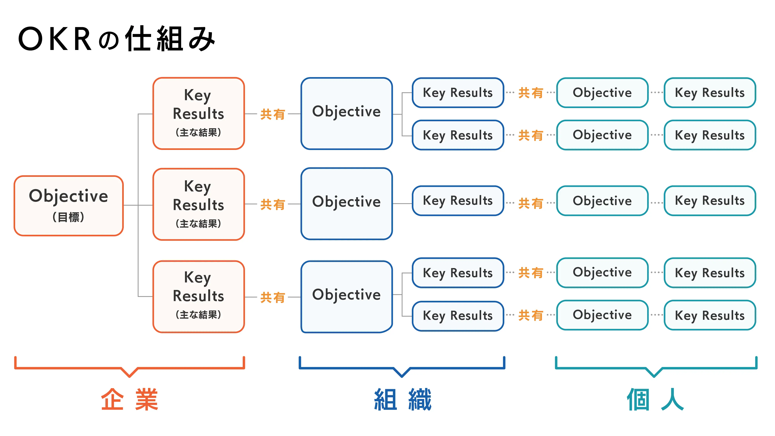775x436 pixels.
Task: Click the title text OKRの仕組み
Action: [x=117, y=39]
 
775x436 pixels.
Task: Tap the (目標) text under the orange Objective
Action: [x=68, y=217]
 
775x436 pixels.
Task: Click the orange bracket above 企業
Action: [x=129, y=367]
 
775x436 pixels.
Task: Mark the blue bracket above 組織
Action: [x=402, y=367]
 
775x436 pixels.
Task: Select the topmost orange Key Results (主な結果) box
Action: [x=199, y=114]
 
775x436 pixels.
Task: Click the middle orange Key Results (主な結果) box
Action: [x=199, y=204]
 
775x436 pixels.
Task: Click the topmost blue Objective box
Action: [x=347, y=114]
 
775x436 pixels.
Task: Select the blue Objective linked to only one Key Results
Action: [x=347, y=204]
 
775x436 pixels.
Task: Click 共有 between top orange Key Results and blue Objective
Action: [x=273, y=114]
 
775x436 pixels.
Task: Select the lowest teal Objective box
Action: [x=602, y=315]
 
